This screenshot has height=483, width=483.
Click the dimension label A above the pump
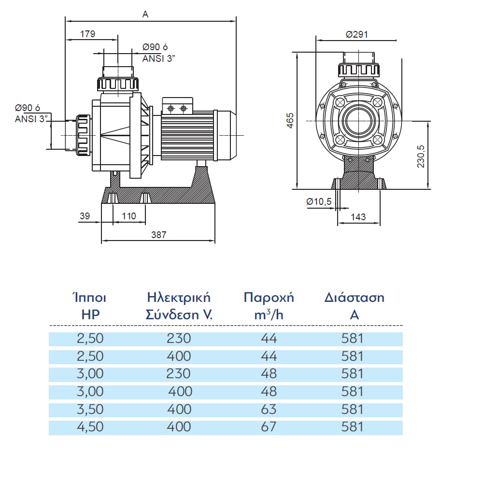pyautogui.click(x=145, y=14)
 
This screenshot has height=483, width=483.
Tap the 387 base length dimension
pyautogui.click(x=158, y=235)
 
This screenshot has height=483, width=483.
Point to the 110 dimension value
pyautogui.click(x=128, y=216)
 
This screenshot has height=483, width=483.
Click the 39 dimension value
pyautogui.click(x=85, y=216)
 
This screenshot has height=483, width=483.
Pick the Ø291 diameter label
pyautogui.click(x=357, y=34)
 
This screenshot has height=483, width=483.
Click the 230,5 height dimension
pyautogui.click(x=421, y=155)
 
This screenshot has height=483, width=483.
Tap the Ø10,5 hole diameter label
pyautogui.click(x=319, y=201)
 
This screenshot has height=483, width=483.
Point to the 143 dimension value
pyautogui.click(x=358, y=217)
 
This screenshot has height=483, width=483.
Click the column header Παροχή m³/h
pyautogui.click(x=269, y=305)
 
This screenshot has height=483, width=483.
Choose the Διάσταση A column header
pyautogui.click(x=355, y=305)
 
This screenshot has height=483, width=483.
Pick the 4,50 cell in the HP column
pyautogui.click(x=90, y=427)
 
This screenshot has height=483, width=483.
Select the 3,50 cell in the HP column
pyautogui.click(x=90, y=410)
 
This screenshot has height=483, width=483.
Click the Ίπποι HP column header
pyautogui.click(x=90, y=305)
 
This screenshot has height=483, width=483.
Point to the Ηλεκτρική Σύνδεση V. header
pyautogui.click(x=179, y=305)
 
